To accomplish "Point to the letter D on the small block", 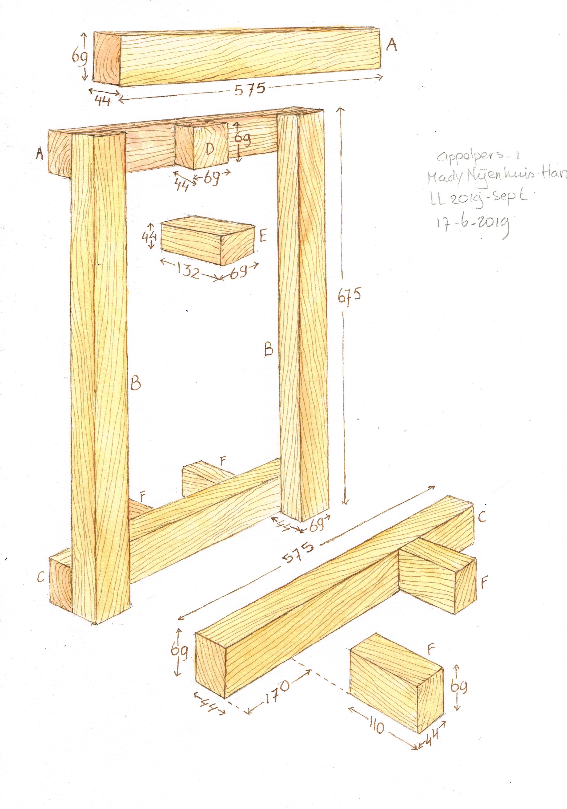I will [209, 149].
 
